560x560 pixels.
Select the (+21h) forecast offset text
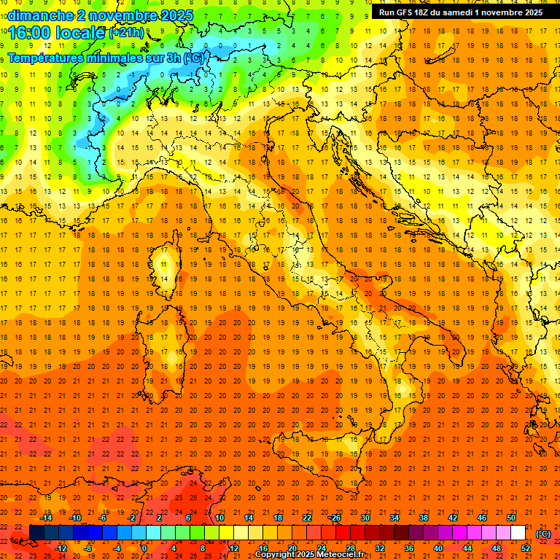coord(126,33)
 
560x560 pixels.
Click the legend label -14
coord(46,518)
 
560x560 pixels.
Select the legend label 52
coord(526,548)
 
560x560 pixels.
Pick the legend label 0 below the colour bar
coord(144,548)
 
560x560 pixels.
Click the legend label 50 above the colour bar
coord(510,518)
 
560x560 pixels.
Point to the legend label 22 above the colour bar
coord(307,518)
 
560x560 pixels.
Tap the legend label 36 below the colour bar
coord(409,548)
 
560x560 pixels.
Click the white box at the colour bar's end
coord(518,533)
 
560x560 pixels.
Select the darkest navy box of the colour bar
coord(36,533)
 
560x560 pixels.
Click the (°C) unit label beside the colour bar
coord(543,533)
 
